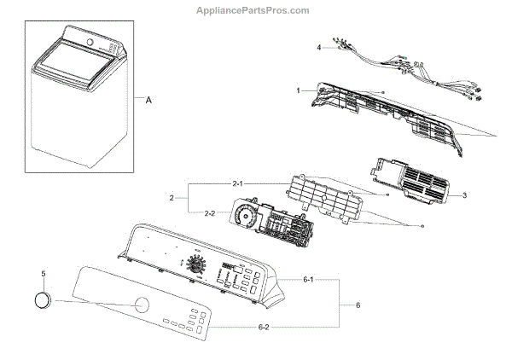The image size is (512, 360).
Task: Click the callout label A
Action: tap(148, 100)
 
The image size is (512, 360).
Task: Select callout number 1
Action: tap(299, 90)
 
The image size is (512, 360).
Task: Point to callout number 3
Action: tap(464, 195)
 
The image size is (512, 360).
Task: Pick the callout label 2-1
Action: tap(238, 183)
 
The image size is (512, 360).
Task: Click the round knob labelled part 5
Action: tap(41, 300)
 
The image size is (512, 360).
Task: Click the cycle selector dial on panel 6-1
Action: tap(197, 264)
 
